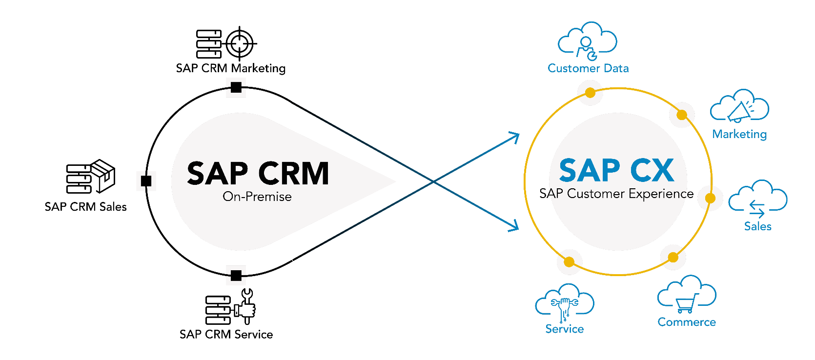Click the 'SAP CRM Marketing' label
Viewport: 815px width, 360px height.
(x=231, y=68)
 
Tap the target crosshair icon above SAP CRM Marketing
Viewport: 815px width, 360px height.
(x=240, y=43)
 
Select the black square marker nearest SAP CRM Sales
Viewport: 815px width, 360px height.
(x=146, y=181)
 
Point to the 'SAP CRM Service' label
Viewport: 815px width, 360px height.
(x=226, y=335)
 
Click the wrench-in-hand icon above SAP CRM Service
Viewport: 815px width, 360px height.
(x=245, y=306)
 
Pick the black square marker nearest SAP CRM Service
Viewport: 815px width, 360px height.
(x=236, y=276)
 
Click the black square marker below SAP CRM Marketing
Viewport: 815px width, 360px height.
(x=236, y=87)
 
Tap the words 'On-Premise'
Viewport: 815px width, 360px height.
(x=257, y=197)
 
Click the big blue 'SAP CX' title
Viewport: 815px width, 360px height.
(x=616, y=170)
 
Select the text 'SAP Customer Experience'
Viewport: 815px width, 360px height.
(x=616, y=194)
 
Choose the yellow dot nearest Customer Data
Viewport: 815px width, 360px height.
(x=590, y=93)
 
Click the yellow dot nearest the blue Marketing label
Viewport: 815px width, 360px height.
(x=682, y=115)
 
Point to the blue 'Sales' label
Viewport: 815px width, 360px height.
(x=757, y=226)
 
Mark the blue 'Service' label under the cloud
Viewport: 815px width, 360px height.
(x=565, y=329)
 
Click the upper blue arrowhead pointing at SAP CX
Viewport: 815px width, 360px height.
(x=515, y=136)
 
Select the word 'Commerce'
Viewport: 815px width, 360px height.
(x=687, y=322)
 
